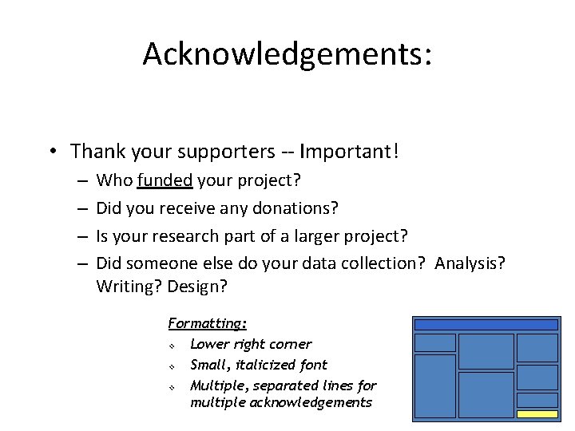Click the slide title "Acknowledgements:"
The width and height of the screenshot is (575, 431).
point(287,54)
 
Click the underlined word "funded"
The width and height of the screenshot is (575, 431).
point(165,181)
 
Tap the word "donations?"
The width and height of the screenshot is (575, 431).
point(297,209)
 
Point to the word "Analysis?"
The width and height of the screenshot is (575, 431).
point(470,264)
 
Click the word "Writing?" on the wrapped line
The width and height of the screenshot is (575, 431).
point(129,287)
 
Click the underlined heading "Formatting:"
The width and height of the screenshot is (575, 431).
point(207,323)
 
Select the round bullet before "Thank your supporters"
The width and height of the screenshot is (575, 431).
point(50,151)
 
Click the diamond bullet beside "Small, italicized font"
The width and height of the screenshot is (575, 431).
point(172,366)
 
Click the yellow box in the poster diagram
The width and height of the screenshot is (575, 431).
point(537,414)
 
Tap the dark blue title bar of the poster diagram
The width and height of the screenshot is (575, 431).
point(486,325)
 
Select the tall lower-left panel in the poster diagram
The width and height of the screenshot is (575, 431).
point(435,386)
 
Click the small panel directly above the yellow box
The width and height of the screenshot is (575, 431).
point(537,400)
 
